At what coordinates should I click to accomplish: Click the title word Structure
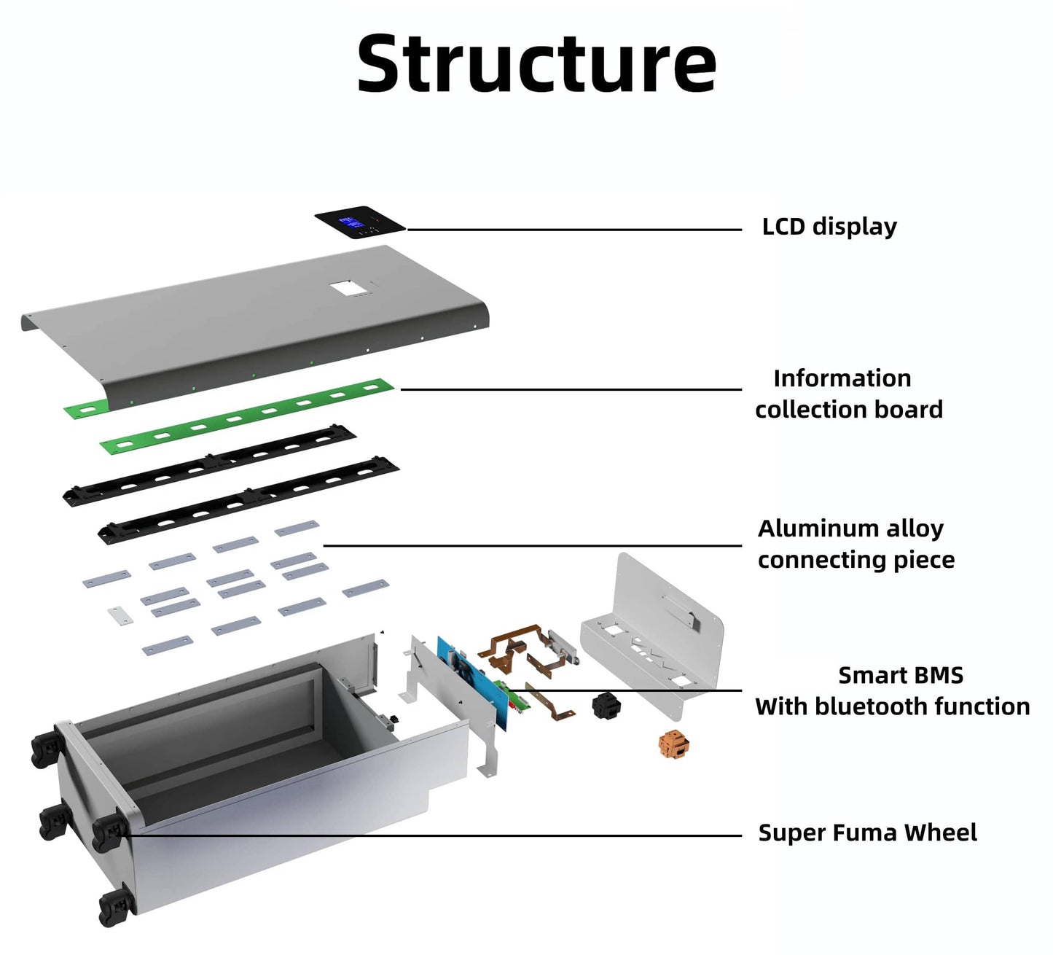536,65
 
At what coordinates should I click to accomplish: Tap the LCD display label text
829,227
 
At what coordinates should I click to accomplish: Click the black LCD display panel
360,222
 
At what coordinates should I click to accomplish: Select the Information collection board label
848,394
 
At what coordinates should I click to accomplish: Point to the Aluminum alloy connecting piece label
856,544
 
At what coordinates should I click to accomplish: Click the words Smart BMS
901,676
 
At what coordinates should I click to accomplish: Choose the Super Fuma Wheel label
867,833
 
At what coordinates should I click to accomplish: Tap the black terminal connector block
606,705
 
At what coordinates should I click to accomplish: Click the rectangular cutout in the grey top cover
348,288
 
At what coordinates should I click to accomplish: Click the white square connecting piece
120,615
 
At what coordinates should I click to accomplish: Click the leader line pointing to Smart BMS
634,690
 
